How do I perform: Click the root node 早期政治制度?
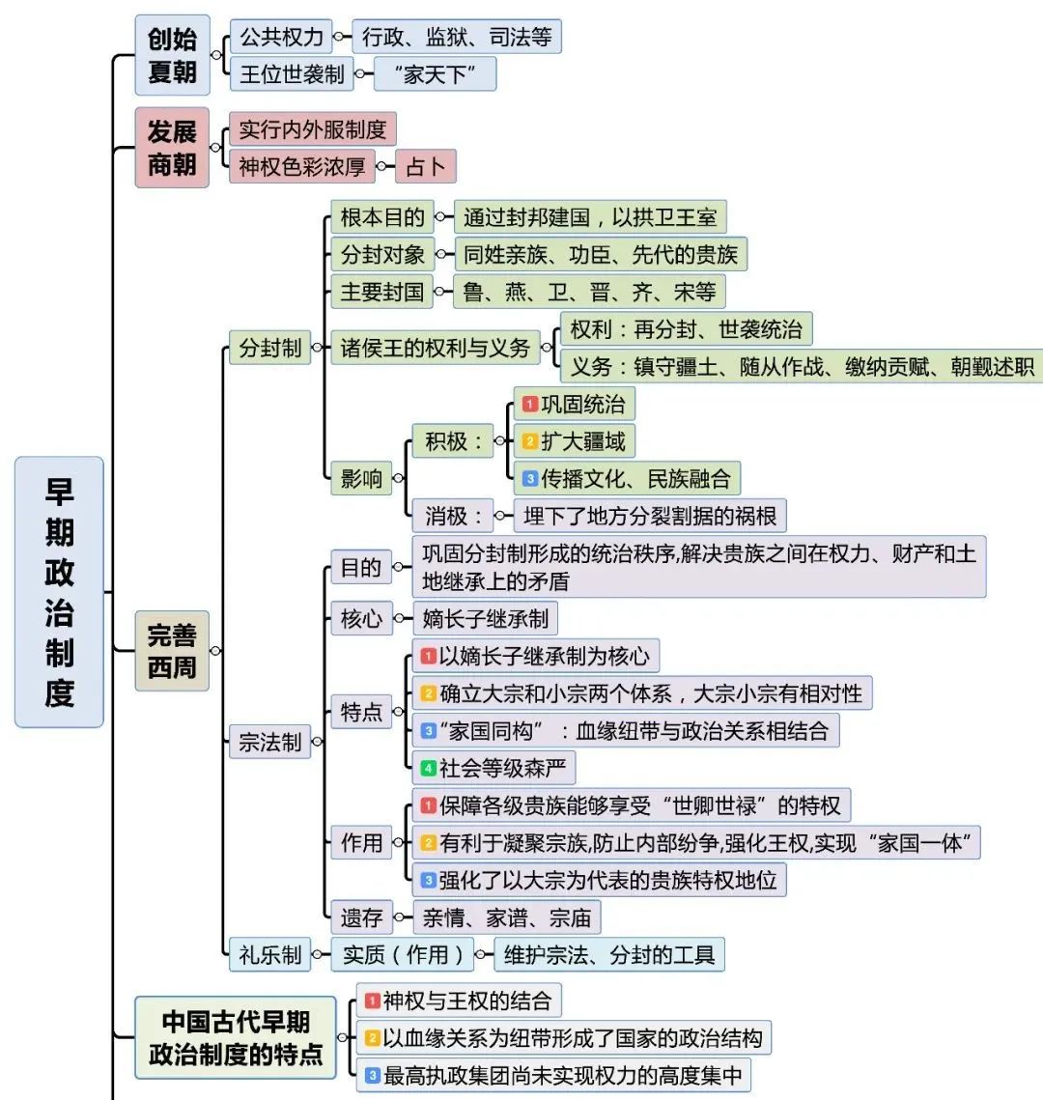tap(59, 591)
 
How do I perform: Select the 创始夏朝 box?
tap(172, 55)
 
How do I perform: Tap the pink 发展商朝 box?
tap(172, 148)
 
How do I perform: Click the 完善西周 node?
tap(172, 650)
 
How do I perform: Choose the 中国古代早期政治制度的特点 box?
tap(236, 1037)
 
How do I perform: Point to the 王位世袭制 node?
tap(292, 73)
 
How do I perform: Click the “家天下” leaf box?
tap(435, 73)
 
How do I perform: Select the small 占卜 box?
tap(426, 166)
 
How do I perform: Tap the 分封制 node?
tap(270, 348)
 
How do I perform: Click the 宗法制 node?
tap(270, 742)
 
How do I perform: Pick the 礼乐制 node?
tap(270, 955)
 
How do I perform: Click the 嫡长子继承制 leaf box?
tap(486, 618)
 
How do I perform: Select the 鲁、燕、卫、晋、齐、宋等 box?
tap(589, 291)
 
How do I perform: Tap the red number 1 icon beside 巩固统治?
tap(530, 404)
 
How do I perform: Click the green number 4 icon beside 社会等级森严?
tap(429, 768)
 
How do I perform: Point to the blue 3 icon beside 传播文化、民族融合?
tap(530, 478)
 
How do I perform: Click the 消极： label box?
tap(452, 516)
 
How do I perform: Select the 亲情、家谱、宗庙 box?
tap(506, 917)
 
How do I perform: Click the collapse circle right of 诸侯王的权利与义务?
tap(547, 348)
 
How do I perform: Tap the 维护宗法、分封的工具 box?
tap(609, 955)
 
